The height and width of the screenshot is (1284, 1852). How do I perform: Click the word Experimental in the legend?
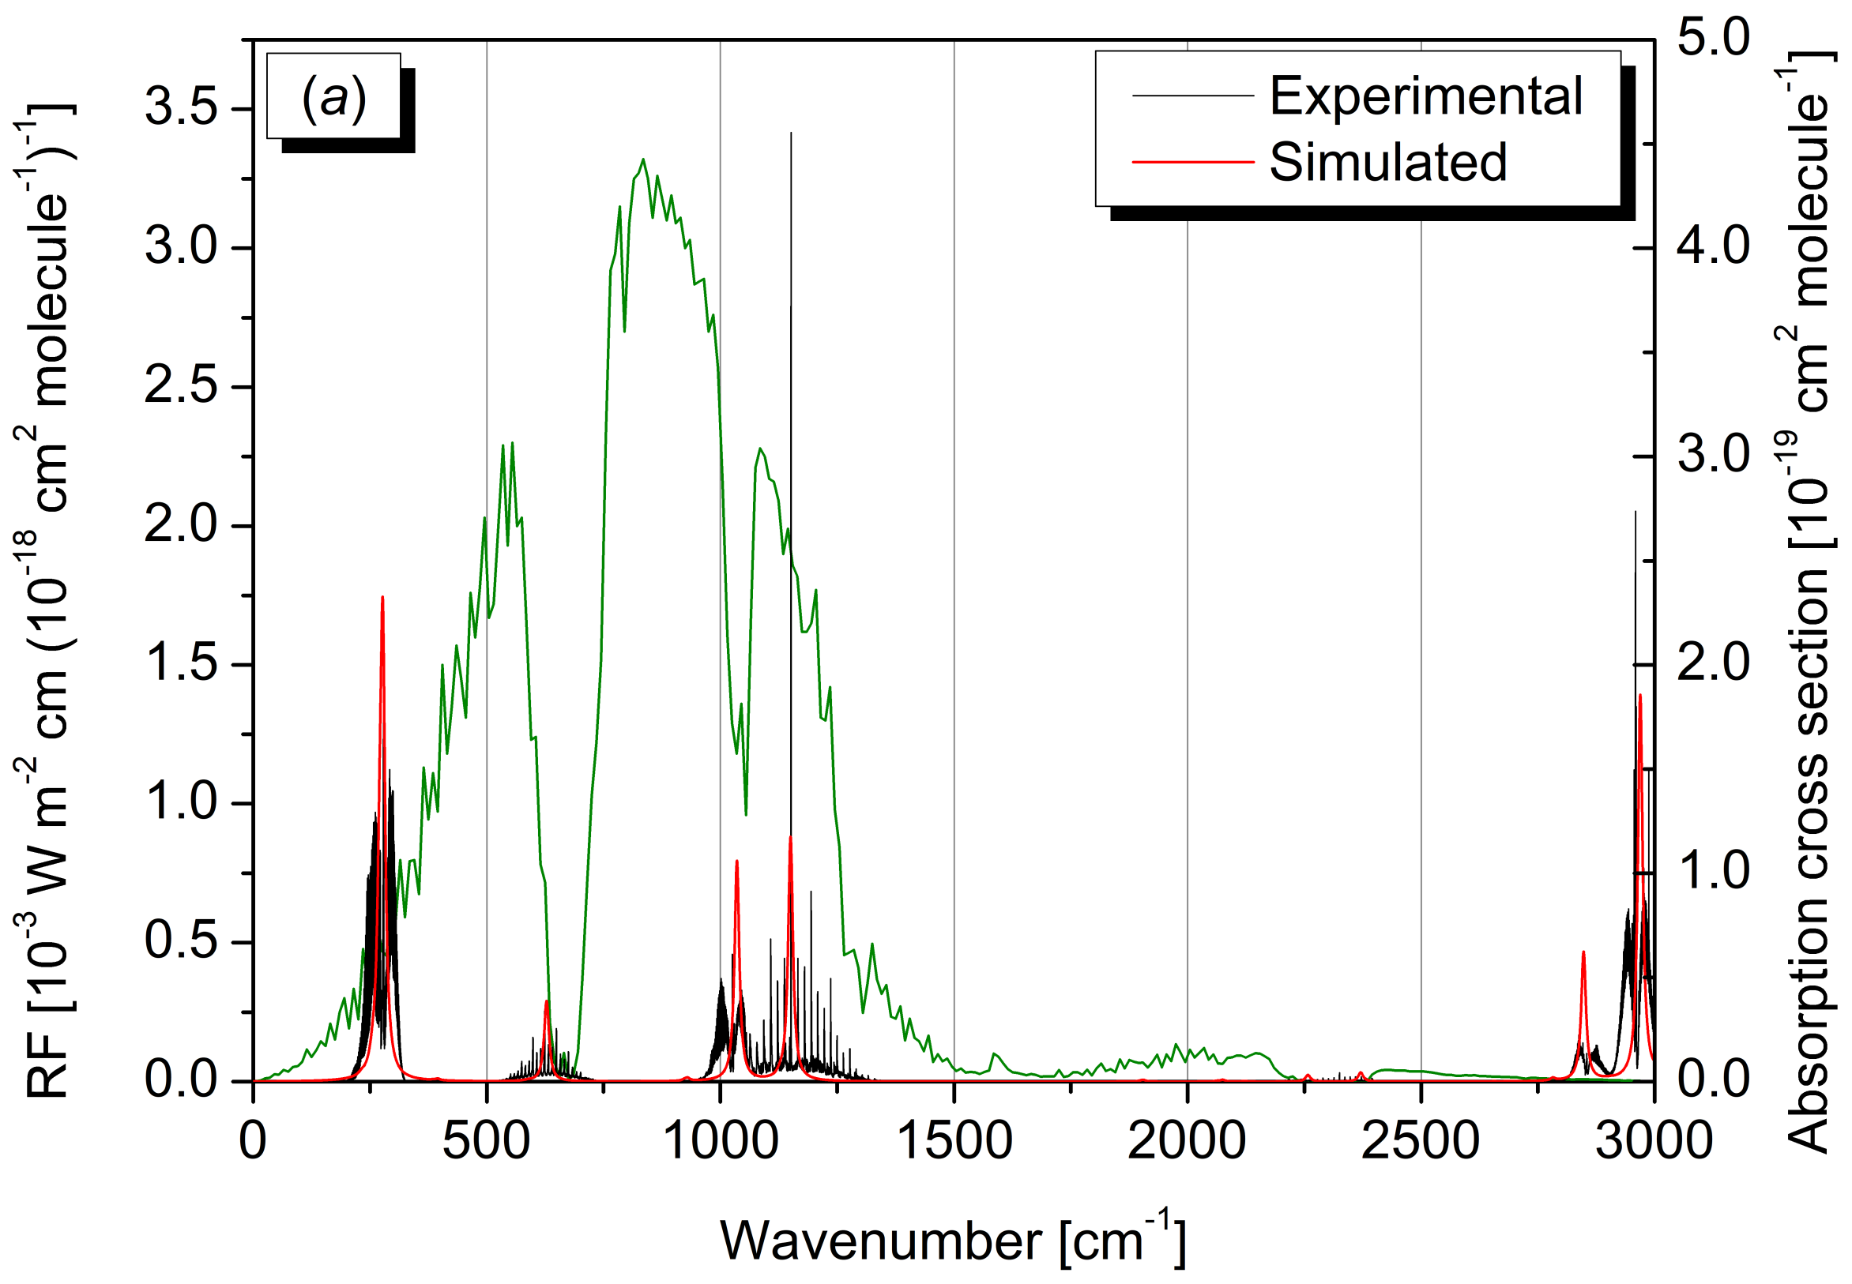(1425, 96)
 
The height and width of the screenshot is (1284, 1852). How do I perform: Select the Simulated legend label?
(1387, 163)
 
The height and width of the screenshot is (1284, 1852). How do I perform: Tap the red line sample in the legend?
(1193, 162)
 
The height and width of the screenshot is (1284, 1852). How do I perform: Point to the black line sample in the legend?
(1193, 96)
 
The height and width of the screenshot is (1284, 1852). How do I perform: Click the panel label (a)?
(333, 98)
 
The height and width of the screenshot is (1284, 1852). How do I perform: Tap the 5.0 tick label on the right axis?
(1713, 38)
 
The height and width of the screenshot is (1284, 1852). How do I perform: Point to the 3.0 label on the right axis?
(1713, 455)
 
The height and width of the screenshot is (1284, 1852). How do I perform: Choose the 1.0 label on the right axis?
(1713, 871)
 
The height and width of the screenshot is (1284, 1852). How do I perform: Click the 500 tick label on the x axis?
(486, 1141)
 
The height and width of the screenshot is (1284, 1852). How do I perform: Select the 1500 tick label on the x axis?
(954, 1141)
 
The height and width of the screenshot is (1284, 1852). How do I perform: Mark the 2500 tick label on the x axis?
(1421, 1141)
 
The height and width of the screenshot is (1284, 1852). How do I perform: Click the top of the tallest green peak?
(642, 160)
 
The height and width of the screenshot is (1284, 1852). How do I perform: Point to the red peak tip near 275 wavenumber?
(382, 597)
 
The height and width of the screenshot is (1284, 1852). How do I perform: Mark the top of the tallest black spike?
(790, 133)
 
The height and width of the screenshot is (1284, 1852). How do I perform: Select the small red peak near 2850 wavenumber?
(1583, 952)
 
